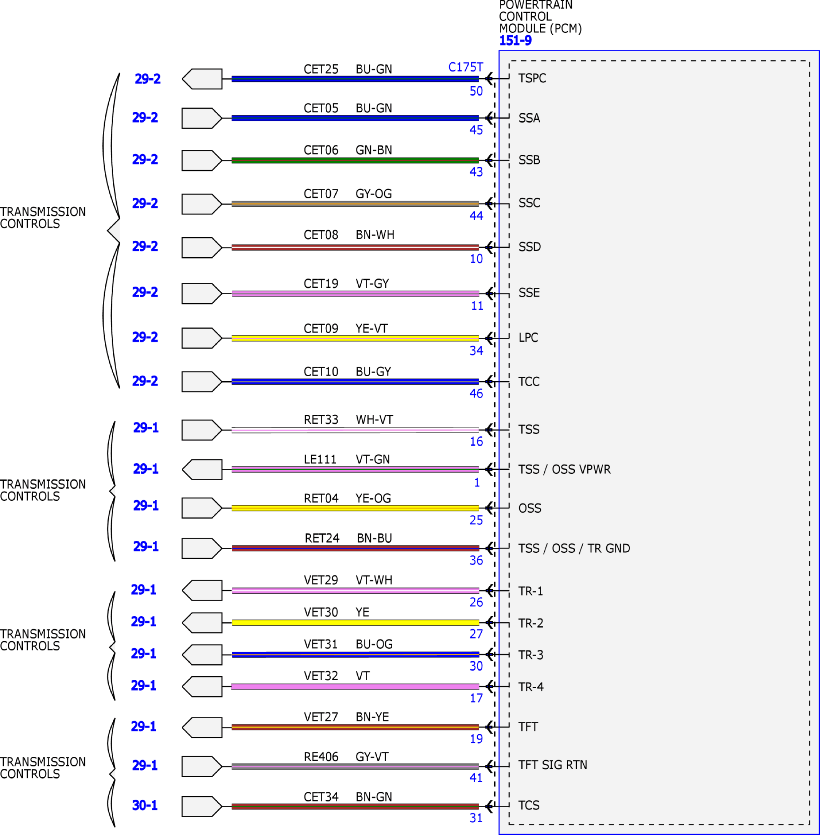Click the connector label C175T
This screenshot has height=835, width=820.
click(465, 67)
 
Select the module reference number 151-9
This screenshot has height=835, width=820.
click(515, 40)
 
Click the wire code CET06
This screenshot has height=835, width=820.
click(321, 150)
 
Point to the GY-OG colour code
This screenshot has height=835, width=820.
click(374, 194)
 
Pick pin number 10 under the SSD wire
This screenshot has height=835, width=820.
click(476, 258)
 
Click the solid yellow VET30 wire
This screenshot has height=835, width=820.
click(355, 622)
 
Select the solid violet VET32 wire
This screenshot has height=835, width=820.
click(355, 686)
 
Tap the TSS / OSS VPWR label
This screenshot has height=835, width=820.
click(564, 469)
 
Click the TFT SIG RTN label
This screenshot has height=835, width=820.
click(552, 765)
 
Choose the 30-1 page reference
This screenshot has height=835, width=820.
click(145, 805)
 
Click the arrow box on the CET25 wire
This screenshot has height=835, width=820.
click(202, 79)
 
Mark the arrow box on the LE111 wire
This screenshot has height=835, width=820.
click(202, 469)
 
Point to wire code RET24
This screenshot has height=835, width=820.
click(322, 538)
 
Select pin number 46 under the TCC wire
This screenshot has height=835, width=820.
click(476, 393)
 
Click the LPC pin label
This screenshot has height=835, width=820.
click(528, 337)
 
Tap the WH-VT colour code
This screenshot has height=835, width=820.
click(374, 420)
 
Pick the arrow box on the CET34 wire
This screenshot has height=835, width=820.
click(202, 806)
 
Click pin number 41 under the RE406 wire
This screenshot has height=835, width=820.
click(476, 778)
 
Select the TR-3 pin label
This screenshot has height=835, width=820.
click(530, 655)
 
